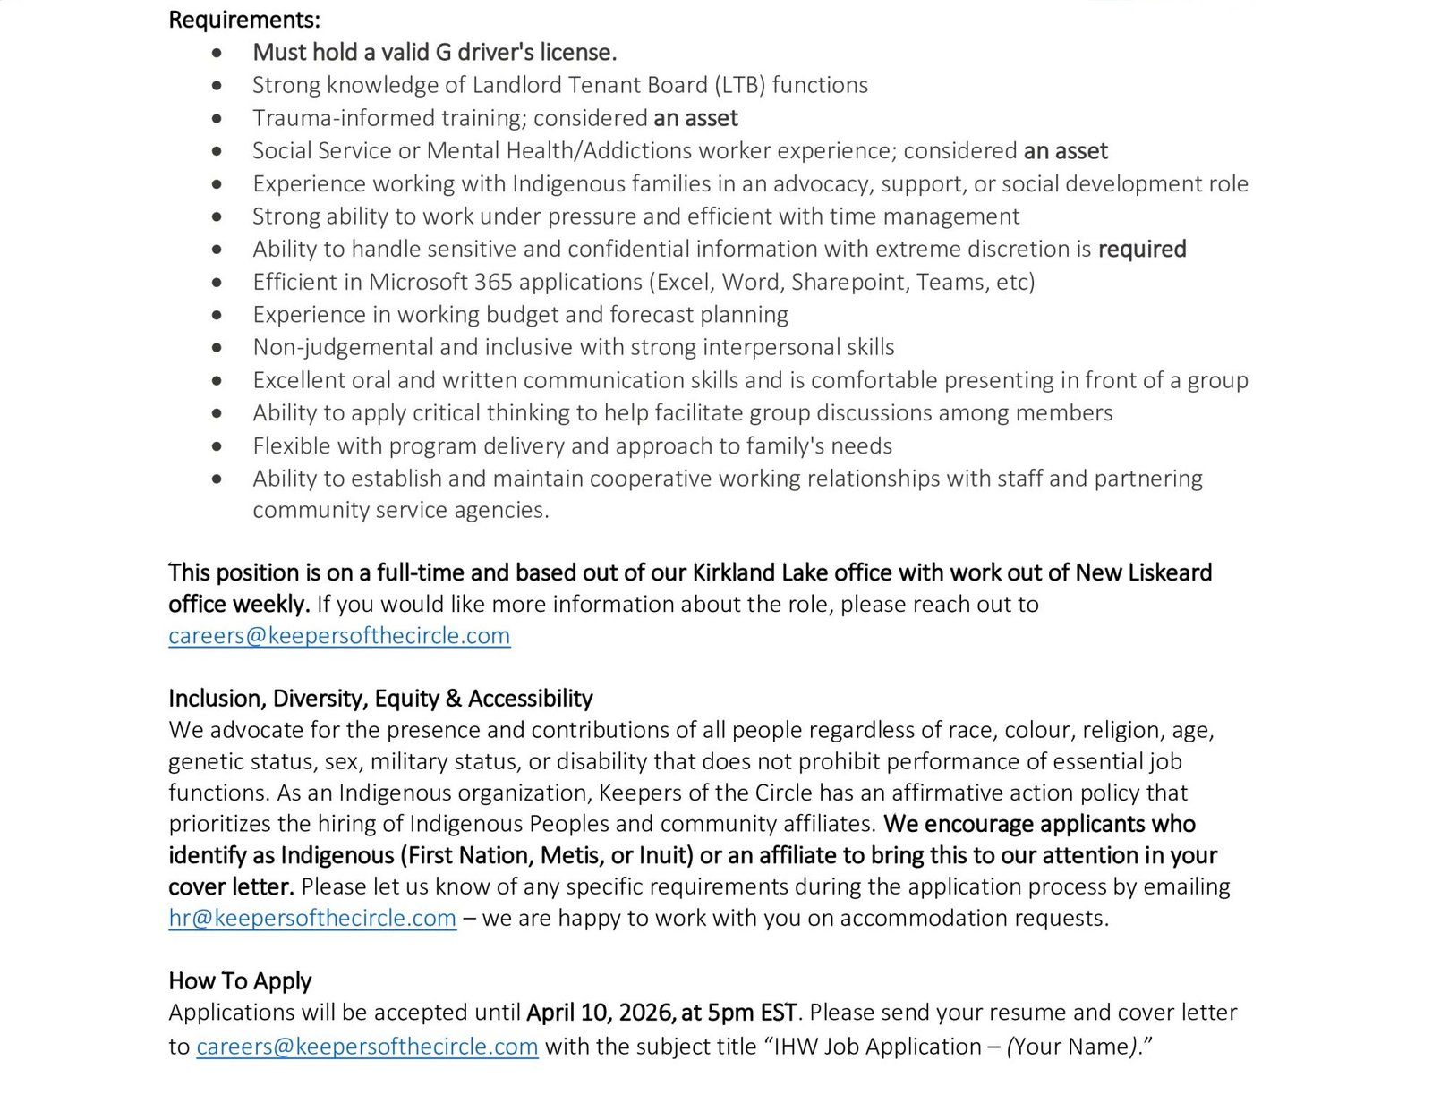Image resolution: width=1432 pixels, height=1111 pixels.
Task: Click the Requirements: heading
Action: tap(243, 20)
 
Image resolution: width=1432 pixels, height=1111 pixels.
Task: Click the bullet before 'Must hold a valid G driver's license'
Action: tap(217, 54)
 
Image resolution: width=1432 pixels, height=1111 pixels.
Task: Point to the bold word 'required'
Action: tap(1141, 249)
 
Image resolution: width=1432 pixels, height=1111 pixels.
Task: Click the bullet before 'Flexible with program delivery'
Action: tap(217, 446)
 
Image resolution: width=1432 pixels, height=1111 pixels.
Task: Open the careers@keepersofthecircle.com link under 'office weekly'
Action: tap(339, 636)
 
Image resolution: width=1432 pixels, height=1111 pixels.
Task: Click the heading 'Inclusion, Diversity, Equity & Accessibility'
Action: tap(380, 699)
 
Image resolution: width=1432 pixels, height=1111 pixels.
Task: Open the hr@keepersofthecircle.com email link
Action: tap(312, 919)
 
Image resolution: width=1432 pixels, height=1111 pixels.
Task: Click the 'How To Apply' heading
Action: tap(240, 981)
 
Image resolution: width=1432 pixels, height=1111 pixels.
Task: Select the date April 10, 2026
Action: tap(600, 1013)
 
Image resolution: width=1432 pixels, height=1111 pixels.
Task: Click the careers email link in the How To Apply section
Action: tap(367, 1047)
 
